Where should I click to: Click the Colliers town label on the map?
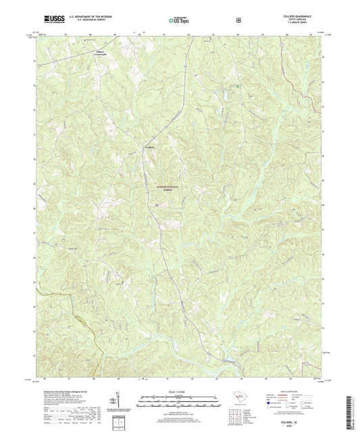[x=151, y=146]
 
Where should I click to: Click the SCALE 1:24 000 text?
[x=179, y=392]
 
